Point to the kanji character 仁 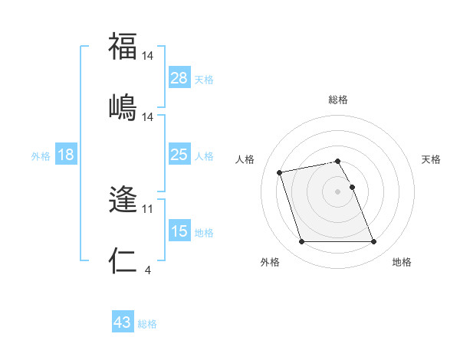coord(123,260)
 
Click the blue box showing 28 coord(179,77)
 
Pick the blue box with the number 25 coord(179,155)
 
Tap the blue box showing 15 coord(179,231)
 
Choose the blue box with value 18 coord(66,155)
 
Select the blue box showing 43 coord(123,322)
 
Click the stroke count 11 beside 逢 coord(148,208)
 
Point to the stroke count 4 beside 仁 coord(147,269)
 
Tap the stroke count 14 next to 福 coord(148,56)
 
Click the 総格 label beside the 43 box coord(147,324)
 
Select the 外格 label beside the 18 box coord(41,156)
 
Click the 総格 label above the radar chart coord(338,100)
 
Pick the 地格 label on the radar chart coord(402,262)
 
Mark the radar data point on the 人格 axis coord(280,172)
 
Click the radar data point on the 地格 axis coord(373,242)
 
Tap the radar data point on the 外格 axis coord(301,242)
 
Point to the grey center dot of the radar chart coord(338,191)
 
